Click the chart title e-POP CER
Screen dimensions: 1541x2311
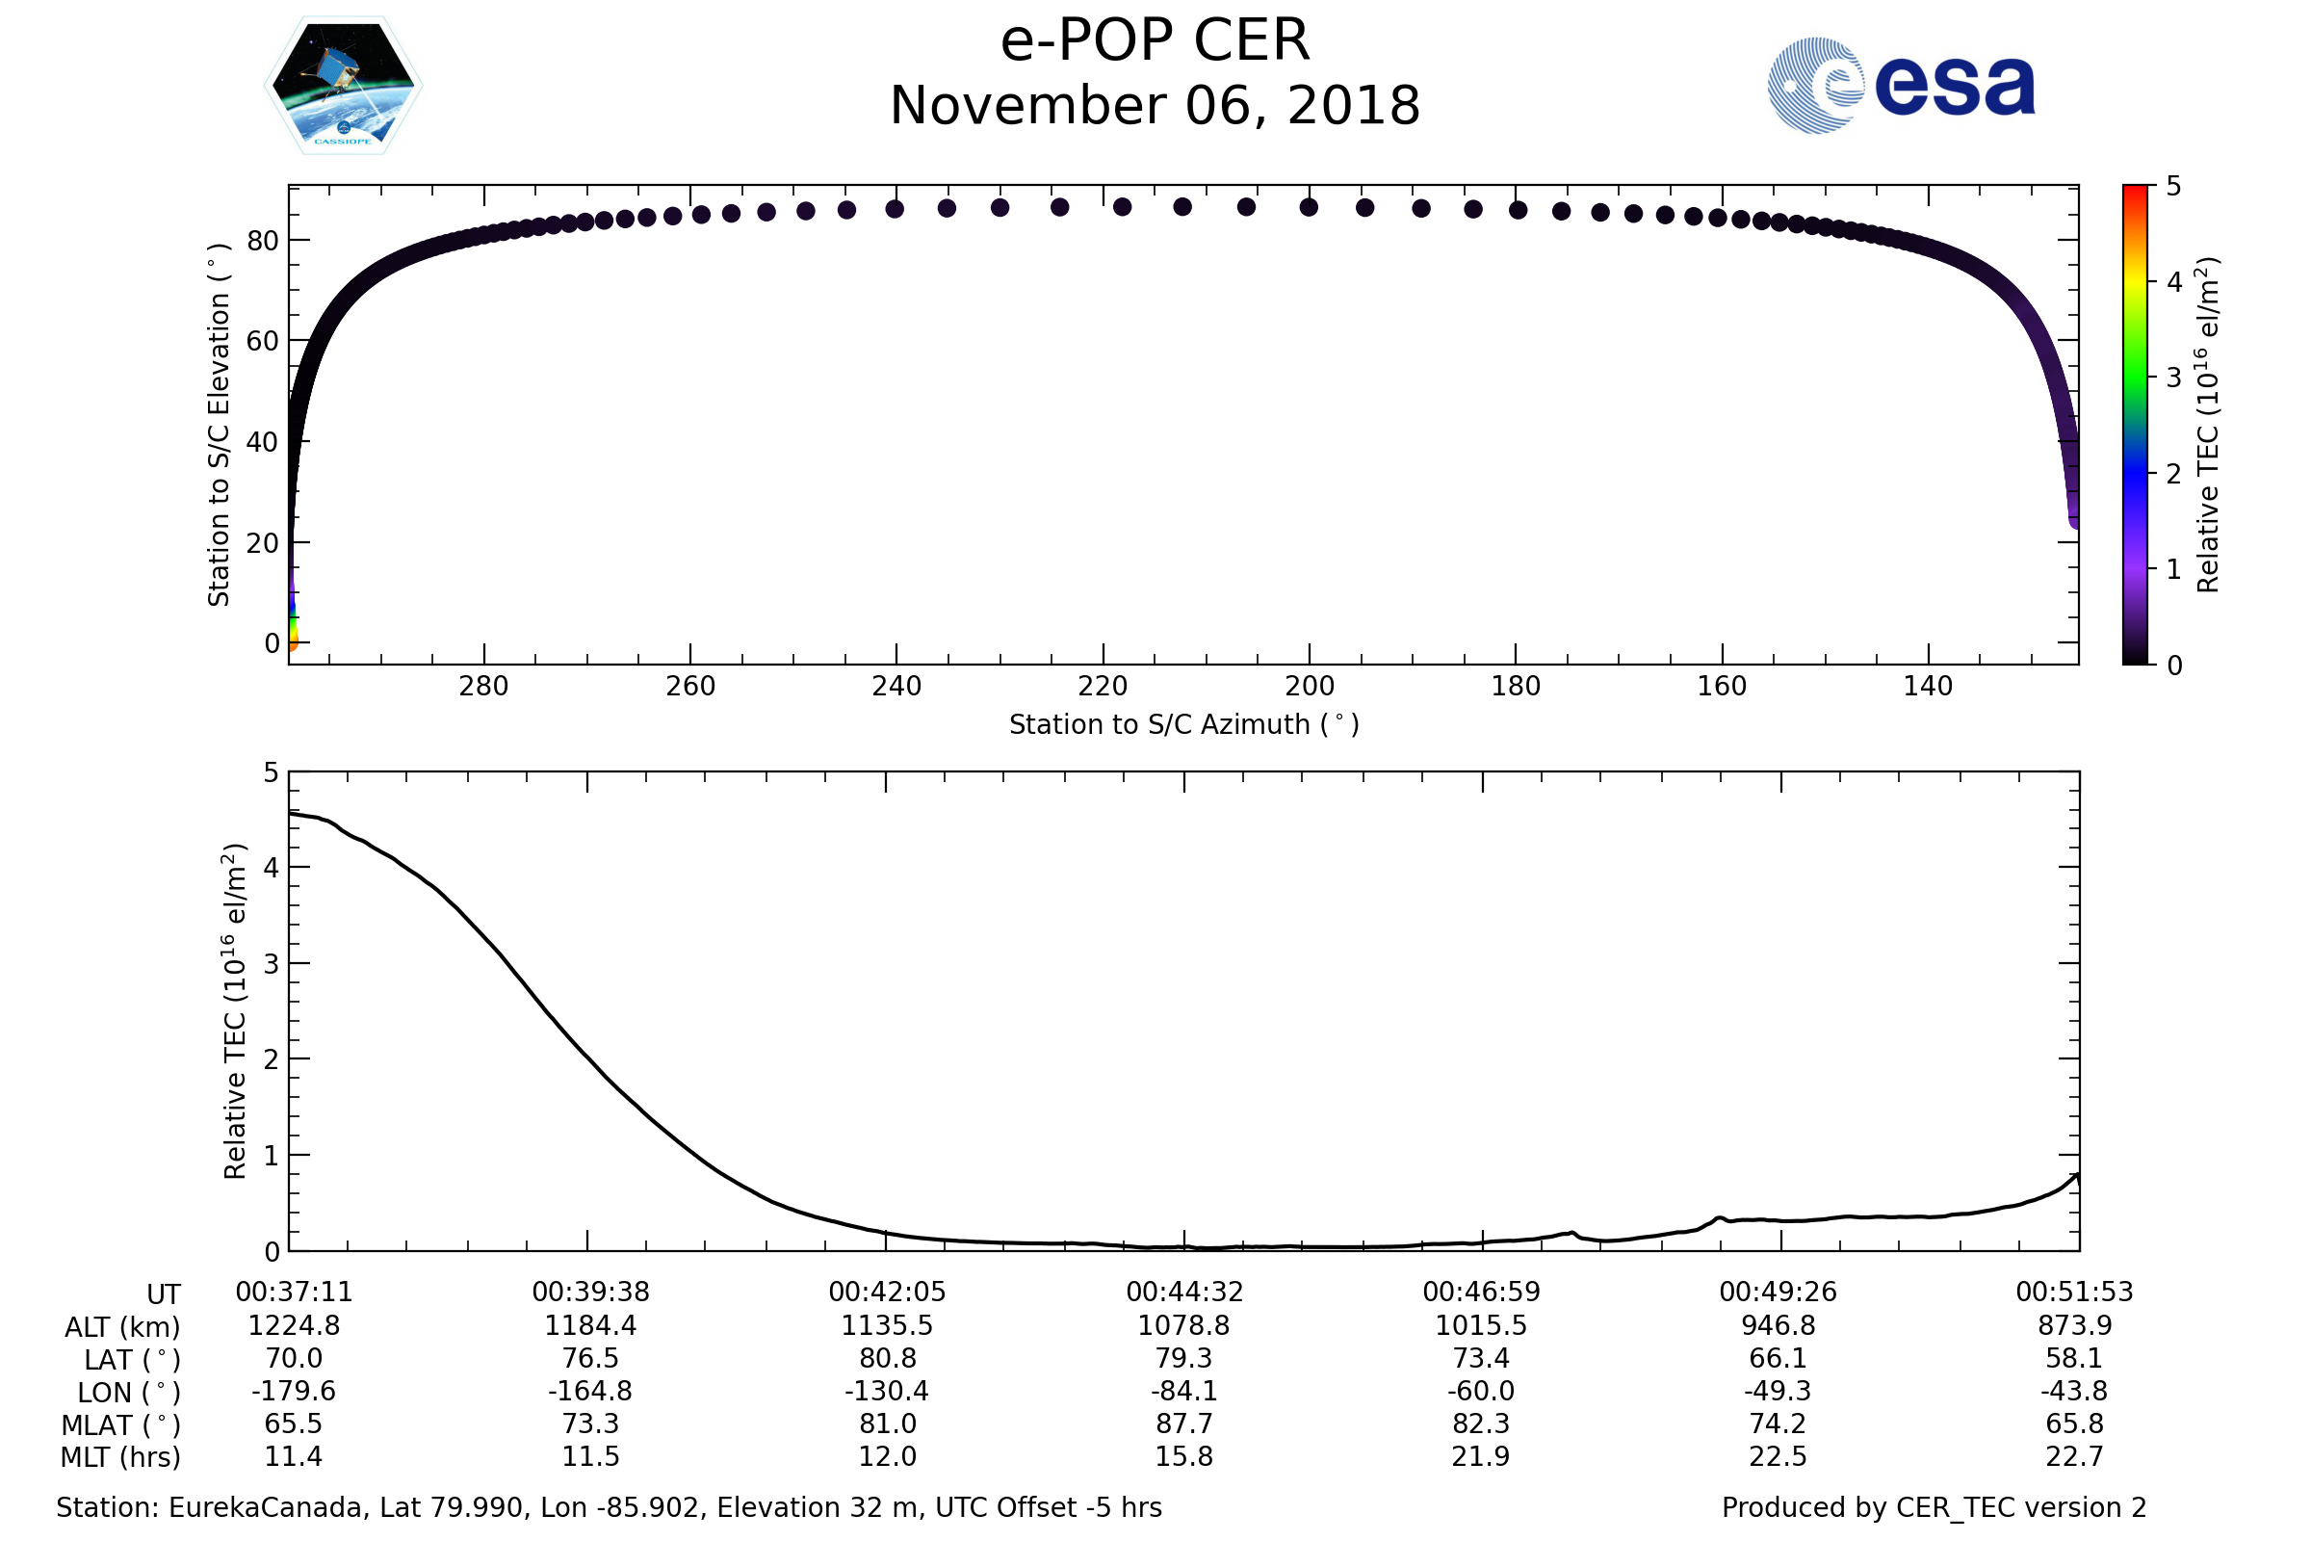pos(1155,41)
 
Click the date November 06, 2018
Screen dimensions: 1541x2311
pos(1155,106)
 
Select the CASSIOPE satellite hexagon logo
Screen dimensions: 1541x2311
pos(343,86)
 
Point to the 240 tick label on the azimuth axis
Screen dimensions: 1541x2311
pos(896,687)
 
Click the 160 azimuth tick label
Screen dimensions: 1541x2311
pos(1722,687)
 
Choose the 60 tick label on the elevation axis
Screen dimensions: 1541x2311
pos(262,341)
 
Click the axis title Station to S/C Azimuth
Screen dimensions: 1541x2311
pos(1184,725)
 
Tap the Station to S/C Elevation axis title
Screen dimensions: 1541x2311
pos(219,425)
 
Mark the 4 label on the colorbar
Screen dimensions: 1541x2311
pos(2173,283)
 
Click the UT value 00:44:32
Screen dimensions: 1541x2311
pos(1184,1293)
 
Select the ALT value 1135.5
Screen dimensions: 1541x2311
pos(886,1326)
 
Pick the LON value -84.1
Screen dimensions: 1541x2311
pos(1184,1392)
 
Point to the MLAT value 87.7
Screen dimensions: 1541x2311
pos(1184,1424)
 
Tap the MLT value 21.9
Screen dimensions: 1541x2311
pos(1481,1456)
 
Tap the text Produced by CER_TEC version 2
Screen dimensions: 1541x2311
pos(1934,1507)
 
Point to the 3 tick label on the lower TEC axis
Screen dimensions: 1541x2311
pos(272,964)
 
